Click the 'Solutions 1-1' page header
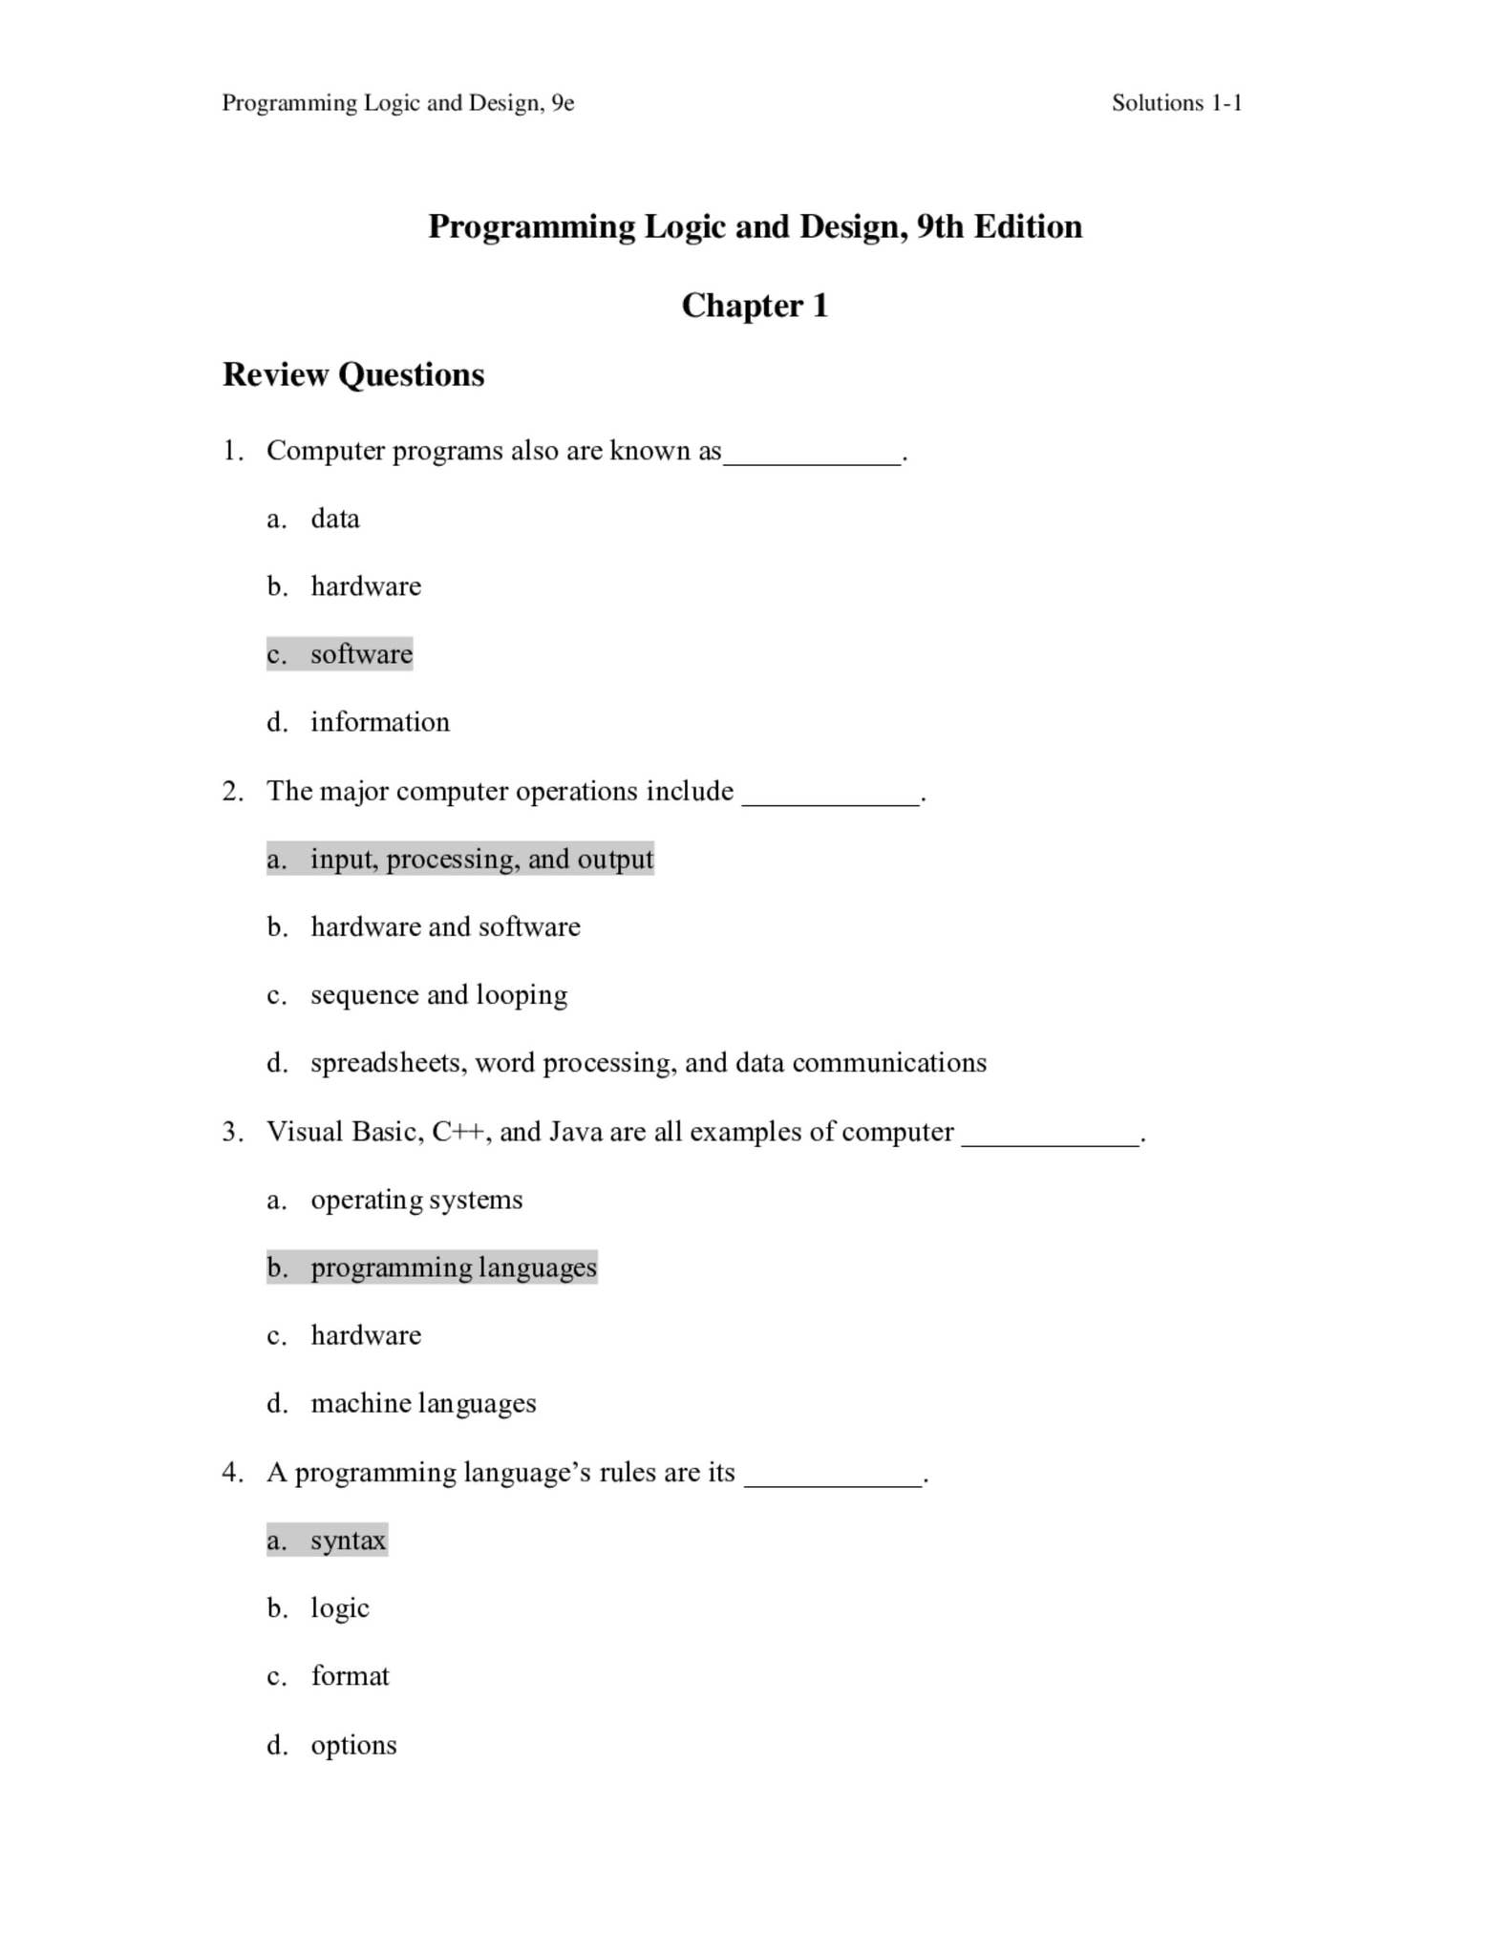[x=1176, y=103]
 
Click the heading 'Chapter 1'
[x=755, y=306]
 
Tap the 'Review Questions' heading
[x=353, y=374]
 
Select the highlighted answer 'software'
[x=361, y=654]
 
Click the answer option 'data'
[x=335, y=519]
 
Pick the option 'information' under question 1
[x=380, y=722]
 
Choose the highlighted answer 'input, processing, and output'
[x=481, y=859]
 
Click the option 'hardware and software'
[x=445, y=926]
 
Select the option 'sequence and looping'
[x=438, y=995]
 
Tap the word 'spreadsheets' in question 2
[x=385, y=1063]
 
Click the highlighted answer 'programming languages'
[x=454, y=1267]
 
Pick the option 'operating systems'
[x=416, y=1200]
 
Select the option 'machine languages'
[x=423, y=1403]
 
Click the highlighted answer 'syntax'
[x=348, y=1541]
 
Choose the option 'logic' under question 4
[x=340, y=1608]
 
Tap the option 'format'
[x=350, y=1676]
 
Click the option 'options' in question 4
[x=353, y=1745]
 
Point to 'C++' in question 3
[x=458, y=1132]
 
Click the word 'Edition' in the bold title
[x=1028, y=226]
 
